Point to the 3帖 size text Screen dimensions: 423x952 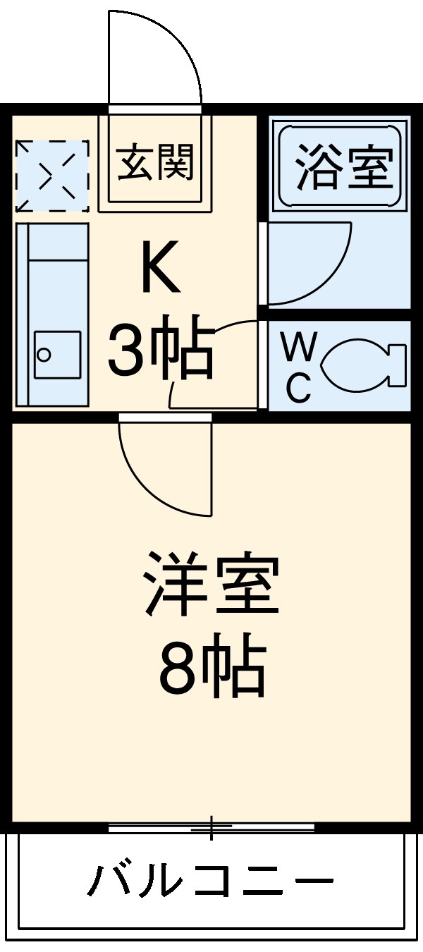pos(161,347)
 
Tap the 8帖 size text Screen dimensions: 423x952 pos(211,667)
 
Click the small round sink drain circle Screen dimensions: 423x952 pos(44,354)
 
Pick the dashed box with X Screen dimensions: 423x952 pos(52,176)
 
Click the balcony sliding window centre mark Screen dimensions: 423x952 pos(211,827)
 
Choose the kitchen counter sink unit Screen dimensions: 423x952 pos(52,315)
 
